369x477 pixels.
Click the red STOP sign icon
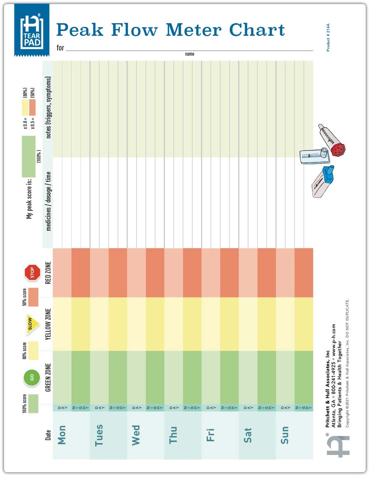tap(32, 273)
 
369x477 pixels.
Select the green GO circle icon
tap(32, 377)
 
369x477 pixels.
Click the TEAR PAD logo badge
tap(32, 30)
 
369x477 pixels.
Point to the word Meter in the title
tap(194, 30)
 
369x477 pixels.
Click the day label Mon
tap(62, 435)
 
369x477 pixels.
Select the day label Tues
tap(99, 435)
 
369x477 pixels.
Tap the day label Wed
tap(136, 435)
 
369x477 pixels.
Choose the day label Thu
tap(173, 435)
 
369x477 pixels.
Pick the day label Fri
tap(210, 435)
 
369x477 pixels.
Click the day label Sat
tap(247, 435)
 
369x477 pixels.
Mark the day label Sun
tap(285, 435)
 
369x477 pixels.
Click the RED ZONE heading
tap(48, 273)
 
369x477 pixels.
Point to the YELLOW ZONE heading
tap(48, 324)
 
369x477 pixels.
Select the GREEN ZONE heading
tap(48, 377)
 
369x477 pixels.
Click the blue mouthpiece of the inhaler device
tap(329, 174)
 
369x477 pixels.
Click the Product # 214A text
tap(328, 38)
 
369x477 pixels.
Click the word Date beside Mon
tap(48, 435)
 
